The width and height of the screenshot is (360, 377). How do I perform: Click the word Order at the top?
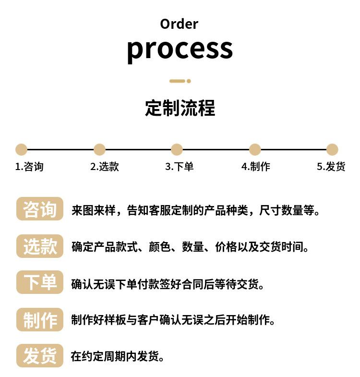(x=179, y=24)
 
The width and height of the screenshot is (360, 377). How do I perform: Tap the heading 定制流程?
(x=180, y=108)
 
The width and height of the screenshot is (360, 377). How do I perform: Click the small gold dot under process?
(x=189, y=81)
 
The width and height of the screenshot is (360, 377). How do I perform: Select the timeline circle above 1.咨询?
(x=21, y=149)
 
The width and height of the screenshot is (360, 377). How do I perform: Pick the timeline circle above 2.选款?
(x=99, y=149)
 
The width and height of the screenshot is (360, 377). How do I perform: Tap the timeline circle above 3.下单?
(x=177, y=149)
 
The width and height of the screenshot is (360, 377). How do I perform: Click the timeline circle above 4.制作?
(x=255, y=149)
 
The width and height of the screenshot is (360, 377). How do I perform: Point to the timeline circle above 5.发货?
(x=332, y=149)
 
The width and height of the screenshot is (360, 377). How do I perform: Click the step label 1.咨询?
(x=29, y=167)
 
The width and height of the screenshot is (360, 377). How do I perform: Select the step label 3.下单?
(x=179, y=167)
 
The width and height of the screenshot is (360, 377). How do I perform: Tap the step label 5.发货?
(x=331, y=167)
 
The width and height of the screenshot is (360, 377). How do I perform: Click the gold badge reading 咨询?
(x=40, y=209)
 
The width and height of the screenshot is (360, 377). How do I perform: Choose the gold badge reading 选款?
(x=40, y=246)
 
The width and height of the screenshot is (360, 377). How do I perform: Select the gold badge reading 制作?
(x=40, y=319)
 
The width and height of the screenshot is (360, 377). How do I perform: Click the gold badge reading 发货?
(x=40, y=356)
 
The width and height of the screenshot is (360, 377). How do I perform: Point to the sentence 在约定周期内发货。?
(x=118, y=356)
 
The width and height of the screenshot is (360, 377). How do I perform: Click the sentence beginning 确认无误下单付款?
(x=168, y=284)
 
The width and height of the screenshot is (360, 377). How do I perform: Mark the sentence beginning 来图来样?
(x=196, y=210)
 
